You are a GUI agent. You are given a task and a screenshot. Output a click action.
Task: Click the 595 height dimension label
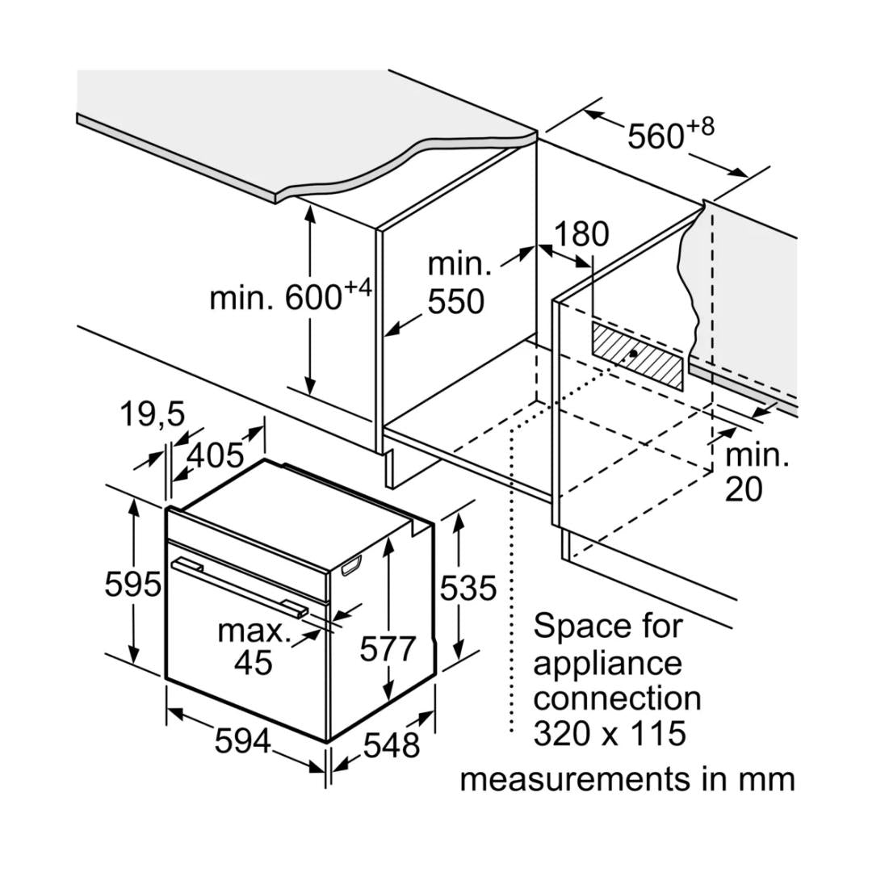click(132, 584)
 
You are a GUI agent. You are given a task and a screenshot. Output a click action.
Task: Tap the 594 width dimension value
click(242, 741)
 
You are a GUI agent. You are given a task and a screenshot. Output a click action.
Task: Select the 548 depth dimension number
click(392, 744)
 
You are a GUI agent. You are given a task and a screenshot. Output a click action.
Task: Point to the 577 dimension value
click(388, 648)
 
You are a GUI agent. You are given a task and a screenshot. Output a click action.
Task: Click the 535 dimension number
click(468, 589)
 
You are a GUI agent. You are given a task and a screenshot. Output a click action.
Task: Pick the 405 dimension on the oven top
click(215, 455)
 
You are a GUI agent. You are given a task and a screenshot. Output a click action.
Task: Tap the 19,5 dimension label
click(153, 415)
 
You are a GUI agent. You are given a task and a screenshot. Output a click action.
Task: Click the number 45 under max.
click(254, 662)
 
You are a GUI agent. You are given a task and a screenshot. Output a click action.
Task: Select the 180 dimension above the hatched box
click(581, 234)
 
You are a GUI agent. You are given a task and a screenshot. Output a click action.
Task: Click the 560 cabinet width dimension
click(656, 136)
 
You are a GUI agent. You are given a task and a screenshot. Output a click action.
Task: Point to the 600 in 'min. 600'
click(313, 298)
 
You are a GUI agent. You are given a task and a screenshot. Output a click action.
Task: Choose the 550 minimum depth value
click(456, 302)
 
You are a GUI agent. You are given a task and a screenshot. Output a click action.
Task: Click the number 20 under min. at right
click(743, 489)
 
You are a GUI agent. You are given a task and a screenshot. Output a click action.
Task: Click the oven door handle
click(238, 585)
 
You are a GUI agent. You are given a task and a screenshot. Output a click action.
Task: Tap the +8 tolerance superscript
click(701, 126)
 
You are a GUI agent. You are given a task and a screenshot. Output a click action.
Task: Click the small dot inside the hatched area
click(635, 353)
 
